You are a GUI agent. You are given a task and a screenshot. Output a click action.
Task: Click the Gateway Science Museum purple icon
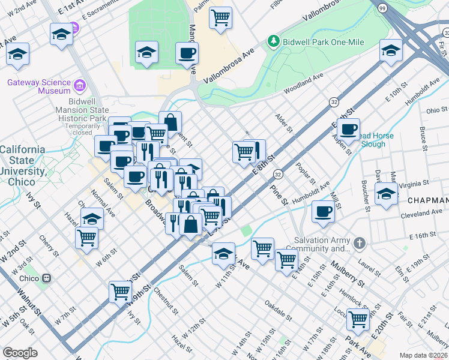click(x=79, y=86)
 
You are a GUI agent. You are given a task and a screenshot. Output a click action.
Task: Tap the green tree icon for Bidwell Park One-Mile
click(x=274, y=40)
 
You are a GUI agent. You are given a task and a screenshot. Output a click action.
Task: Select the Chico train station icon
click(x=46, y=278)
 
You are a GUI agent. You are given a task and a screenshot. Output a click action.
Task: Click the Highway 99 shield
click(x=382, y=8)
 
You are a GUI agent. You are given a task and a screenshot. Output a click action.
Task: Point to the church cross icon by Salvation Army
click(x=359, y=243)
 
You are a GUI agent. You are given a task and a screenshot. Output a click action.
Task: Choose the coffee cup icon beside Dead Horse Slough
click(x=348, y=128)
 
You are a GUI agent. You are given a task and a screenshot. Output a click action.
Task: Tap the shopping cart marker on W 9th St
click(x=120, y=292)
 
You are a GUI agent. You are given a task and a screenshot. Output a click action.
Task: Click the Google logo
click(x=20, y=352)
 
